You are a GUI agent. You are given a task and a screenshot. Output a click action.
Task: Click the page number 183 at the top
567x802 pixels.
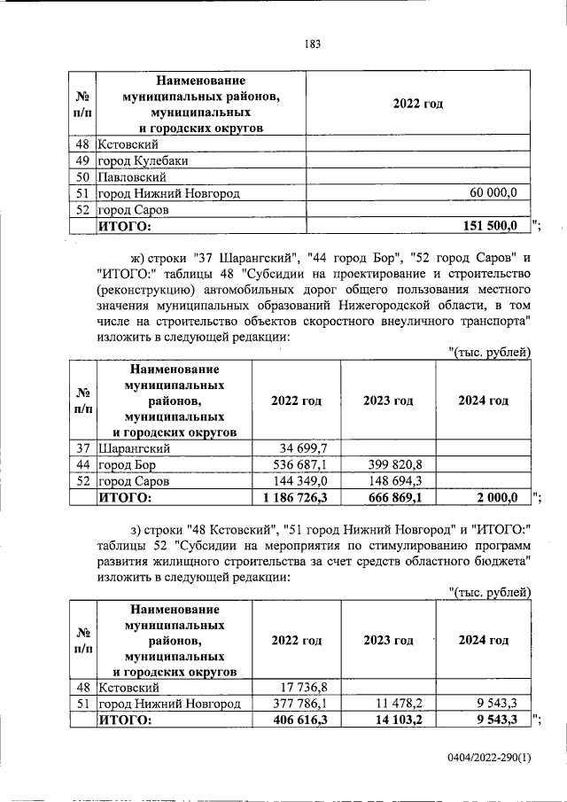pyautogui.click(x=311, y=43)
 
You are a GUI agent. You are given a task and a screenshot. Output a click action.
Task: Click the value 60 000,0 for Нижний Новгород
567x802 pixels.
pyautogui.click(x=500, y=192)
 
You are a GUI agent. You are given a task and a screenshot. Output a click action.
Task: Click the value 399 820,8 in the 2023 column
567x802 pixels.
pyautogui.click(x=394, y=464)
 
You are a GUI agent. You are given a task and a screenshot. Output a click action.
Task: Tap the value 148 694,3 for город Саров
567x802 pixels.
pyautogui.click(x=394, y=481)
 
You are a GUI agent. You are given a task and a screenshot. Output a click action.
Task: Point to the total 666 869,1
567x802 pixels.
pyautogui.click(x=392, y=498)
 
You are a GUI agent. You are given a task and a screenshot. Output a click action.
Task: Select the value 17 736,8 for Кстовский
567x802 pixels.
pyautogui.click(x=303, y=687)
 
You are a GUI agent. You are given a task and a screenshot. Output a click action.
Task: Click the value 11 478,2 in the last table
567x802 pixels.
pyautogui.click(x=398, y=704)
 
